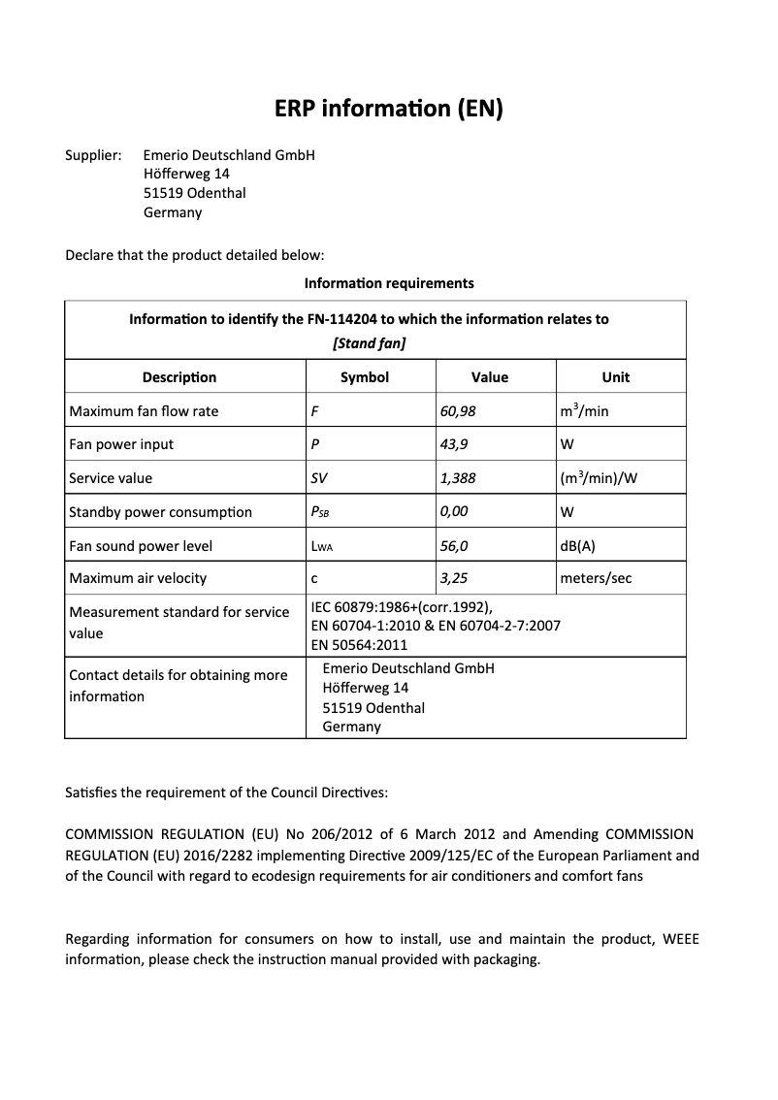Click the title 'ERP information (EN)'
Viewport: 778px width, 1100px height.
[x=389, y=109]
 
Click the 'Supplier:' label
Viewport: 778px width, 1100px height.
[x=93, y=155]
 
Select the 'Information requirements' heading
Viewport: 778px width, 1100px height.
[x=389, y=283]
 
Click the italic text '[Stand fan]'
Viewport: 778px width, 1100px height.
[x=369, y=343]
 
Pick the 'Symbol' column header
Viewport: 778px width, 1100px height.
[x=365, y=377]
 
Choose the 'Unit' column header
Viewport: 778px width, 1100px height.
[x=615, y=377]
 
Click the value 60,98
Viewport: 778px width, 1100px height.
[x=458, y=411]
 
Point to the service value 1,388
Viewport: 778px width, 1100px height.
[x=458, y=478]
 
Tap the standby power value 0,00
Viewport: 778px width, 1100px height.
[x=454, y=511]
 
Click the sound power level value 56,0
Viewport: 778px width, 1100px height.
[x=454, y=545]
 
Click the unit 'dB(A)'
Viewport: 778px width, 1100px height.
[x=578, y=545]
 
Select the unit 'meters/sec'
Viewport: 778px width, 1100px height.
[x=596, y=578]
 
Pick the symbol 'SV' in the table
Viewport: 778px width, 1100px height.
[x=319, y=478]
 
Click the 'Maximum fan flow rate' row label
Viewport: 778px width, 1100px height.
[x=144, y=411]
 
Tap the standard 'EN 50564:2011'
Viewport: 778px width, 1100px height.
[x=359, y=645]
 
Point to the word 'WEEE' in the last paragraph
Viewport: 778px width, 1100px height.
[x=680, y=939]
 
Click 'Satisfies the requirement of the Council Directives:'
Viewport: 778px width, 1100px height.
[x=226, y=793]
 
